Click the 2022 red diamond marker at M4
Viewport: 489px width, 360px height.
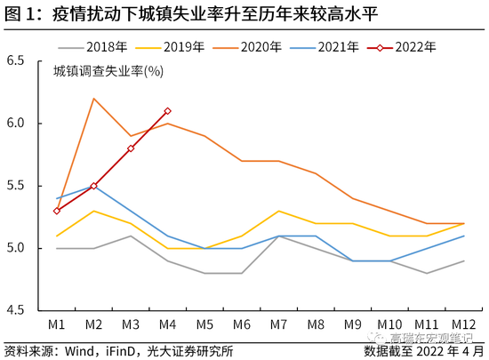point(168,111)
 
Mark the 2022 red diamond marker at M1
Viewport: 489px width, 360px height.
point(56,211)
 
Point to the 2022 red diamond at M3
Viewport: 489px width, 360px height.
point(131,148)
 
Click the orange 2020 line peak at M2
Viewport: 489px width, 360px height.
point(93,99)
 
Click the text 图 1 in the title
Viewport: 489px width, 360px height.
point(20,12)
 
